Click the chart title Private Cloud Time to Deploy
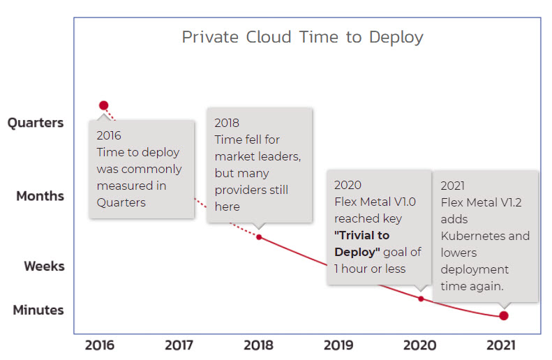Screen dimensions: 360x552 302,37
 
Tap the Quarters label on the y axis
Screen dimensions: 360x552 35,123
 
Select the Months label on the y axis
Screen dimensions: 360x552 40,196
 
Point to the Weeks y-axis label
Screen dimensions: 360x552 44,266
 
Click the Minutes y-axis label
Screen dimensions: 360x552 38,310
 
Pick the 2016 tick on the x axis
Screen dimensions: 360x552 99,345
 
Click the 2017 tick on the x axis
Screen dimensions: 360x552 179,345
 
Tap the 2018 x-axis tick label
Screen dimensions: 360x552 259,345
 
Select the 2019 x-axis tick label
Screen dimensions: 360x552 339,345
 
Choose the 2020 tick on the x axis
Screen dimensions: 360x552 420,345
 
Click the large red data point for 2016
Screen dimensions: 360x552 103,105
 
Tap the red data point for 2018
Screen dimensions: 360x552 259,237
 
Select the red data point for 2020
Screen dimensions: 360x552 421,298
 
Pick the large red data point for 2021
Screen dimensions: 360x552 503,315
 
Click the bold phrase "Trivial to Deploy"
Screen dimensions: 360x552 362,243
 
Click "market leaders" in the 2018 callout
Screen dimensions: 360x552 258,156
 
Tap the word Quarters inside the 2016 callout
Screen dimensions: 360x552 121,202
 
